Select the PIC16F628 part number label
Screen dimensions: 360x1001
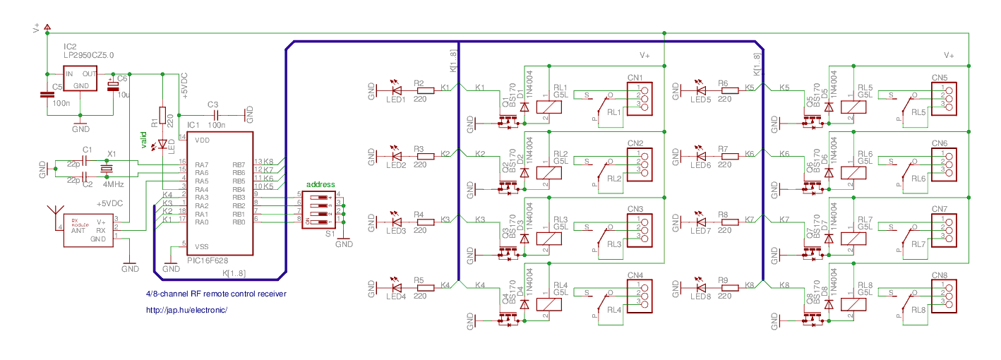tap(208, 260)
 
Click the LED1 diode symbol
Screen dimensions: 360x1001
tap(396, 89)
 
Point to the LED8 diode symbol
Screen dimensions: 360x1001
tap(700, 287)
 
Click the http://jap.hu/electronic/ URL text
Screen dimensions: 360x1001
tap(187, 310)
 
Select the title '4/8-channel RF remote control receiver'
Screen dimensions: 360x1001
tap(216, 294)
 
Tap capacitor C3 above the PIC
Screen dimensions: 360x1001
tap(218, 114)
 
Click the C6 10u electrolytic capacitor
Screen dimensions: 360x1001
tap(113, 86)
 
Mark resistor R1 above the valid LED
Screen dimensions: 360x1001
tap(163, 115)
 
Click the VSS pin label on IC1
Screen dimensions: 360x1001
tap(201, 246)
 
